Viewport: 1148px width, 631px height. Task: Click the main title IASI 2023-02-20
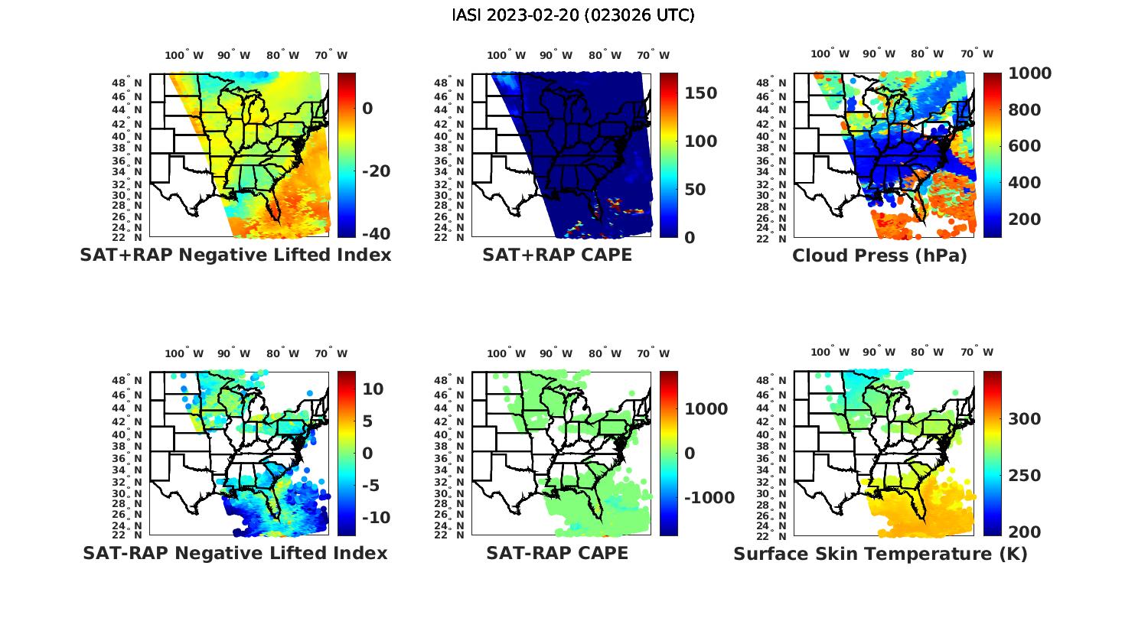pyautogui.click(x=573, y=15)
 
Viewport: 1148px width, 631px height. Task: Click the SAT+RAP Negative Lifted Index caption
pyautogui.click(x=236, y=255)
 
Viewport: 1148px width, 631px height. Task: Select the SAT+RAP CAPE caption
pyautogui.click(x=557, y=255)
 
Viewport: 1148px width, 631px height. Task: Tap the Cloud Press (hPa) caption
pyautogui.click(x=879, y=255)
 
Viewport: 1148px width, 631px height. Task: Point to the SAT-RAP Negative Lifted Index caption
pyautogui.click(x=236, y=553)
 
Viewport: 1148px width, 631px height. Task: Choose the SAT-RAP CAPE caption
pyautogui.click(x=557, y=553)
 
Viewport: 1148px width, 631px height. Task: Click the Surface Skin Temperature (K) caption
pyautogui.click(x=880, y=554)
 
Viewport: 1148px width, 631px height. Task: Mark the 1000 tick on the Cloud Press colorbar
pyautogui.click(x=1029, y=73)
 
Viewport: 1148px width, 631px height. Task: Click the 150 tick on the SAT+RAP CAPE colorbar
pyautogui.click(x=700, y=93)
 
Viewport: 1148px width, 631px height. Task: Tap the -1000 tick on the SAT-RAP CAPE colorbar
pyautogui.click(x=709, y=498)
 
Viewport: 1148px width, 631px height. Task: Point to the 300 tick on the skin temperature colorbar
pyautogui.click(x=1024, y=419)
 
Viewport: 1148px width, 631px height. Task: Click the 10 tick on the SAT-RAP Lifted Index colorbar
pyautogui.click(x=373, y=389)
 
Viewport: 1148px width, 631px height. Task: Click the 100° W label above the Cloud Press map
pyautogui.click(x=830, y=54)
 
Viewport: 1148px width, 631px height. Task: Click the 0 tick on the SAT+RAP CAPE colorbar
pyautogui.click(x=690, y=237)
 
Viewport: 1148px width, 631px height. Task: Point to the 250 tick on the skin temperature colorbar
pyautogui.click(x=1024, y=476)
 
